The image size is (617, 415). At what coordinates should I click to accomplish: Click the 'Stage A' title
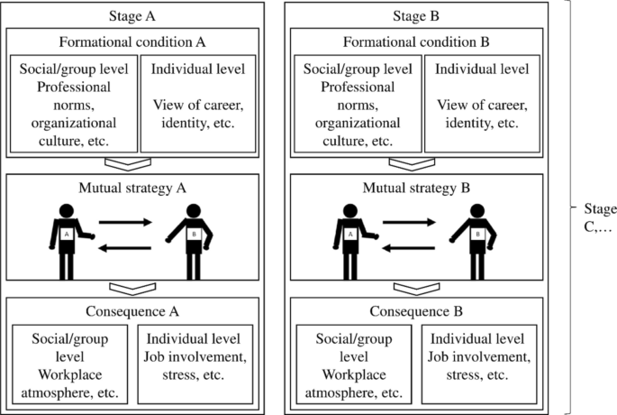[132, 16]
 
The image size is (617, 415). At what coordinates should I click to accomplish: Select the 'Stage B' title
[416, 16]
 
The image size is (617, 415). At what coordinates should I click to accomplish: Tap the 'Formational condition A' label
[132, 41]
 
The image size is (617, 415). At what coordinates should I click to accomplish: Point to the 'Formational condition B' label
[416, 41]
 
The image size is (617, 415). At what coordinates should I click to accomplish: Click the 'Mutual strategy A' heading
[132, 188]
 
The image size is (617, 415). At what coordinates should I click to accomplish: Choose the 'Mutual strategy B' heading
[416, 188]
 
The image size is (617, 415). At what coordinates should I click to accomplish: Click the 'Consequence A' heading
[132, 311]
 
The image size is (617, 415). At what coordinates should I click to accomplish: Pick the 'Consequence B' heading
[416, 311]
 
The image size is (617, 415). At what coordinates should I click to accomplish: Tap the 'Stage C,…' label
[600, 217]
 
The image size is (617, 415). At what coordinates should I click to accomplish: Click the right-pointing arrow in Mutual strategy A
[125, 222]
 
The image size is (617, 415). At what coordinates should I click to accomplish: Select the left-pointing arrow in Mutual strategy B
[409, 248]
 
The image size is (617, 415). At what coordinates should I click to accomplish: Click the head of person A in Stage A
[67, 211]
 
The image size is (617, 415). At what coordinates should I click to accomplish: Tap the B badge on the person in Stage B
[477, 234]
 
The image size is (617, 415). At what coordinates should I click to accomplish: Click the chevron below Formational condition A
[128, 165]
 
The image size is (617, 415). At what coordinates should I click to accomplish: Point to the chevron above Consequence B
[417, 289]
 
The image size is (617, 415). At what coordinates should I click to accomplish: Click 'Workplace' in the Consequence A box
[70, 374]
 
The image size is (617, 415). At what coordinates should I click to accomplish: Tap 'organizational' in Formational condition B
[358, 124]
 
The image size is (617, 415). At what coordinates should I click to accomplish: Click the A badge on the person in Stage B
[350, 234]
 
